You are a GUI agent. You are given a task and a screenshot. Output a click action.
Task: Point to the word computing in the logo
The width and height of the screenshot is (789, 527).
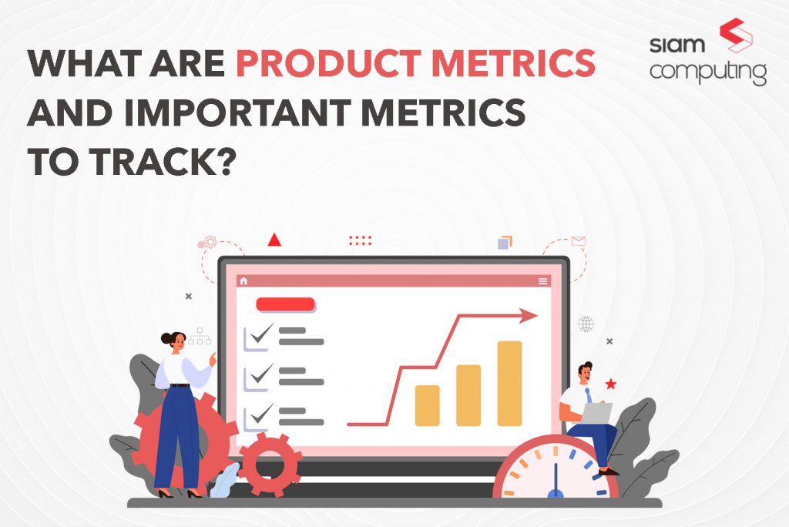[707, 72]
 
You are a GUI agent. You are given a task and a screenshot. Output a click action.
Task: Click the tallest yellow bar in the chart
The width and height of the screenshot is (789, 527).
[509, 383]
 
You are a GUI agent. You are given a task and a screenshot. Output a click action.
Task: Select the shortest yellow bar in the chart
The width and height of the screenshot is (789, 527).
[427, 405]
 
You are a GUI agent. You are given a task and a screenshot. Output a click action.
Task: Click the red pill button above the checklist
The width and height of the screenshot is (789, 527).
[285, 304]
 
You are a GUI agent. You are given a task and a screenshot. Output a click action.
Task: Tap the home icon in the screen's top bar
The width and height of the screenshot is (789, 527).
[244, 281]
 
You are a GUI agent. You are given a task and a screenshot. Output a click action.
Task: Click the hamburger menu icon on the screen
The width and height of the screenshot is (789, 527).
[543, 281]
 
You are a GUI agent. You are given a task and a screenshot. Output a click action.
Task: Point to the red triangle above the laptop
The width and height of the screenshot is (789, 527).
[274, 240]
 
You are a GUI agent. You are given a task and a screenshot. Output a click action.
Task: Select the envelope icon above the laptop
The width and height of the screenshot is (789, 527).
[579, 241]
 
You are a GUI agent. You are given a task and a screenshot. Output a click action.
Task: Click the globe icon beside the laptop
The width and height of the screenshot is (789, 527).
[586, 324]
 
